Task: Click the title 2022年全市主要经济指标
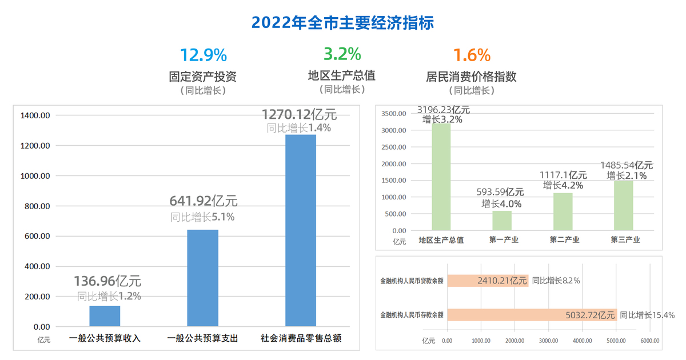[343, 23]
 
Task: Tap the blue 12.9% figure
[204, 55]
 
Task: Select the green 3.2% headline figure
[342, 54]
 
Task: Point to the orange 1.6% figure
[472, 55]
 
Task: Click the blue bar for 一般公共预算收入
[105, 316]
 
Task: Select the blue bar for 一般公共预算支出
[203, 278]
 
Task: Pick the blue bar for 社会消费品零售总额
[301, 230]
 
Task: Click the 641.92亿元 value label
[204, 201]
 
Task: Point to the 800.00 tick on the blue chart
[35, 206]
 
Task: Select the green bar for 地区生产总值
[441, 177]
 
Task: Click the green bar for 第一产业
[502, 221]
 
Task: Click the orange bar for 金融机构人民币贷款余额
[488, 281]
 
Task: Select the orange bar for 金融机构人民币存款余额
[532, 315]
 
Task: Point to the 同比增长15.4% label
[647, 315]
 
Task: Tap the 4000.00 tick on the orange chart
[583, 341]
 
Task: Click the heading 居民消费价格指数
[472, 76]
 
